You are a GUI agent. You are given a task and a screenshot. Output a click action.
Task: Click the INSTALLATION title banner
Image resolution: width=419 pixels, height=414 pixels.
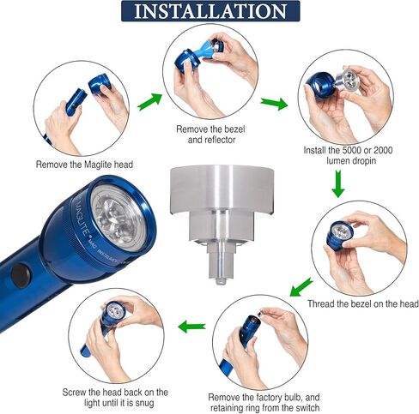(x=210, y=11)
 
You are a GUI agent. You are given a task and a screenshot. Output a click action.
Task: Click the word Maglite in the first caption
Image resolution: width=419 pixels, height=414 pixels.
(x=98, y=165)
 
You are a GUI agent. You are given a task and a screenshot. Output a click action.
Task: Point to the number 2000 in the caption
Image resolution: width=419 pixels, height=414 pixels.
(x=383, y=150)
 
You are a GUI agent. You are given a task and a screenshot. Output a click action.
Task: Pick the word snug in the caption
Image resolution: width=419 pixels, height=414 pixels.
(x=144, y=404)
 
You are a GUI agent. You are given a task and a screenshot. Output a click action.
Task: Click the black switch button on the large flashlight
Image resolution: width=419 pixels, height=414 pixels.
(x=21, y=275)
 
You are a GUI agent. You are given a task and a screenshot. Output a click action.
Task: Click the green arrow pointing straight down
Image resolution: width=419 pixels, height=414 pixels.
(x=338, y=183)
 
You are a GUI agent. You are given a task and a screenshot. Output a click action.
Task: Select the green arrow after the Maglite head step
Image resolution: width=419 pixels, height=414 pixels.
(x=149, y=102)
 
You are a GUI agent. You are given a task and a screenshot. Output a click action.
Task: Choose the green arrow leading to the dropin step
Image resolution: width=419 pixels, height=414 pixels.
(x=274, y=104)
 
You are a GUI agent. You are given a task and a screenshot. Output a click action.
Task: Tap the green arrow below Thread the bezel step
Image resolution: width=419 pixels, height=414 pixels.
(x=301, y=287)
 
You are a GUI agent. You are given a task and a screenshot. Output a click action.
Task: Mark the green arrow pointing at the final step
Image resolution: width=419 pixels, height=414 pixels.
(x=191, y=327)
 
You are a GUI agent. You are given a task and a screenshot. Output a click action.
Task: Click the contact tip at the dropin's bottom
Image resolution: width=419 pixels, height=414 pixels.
(x=221, y=282)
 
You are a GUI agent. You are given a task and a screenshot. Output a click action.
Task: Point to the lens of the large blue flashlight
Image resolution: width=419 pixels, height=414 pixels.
(x=119, y=219)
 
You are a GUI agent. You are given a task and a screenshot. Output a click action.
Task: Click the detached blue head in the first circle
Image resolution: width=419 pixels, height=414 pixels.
(x=100, y=83)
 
